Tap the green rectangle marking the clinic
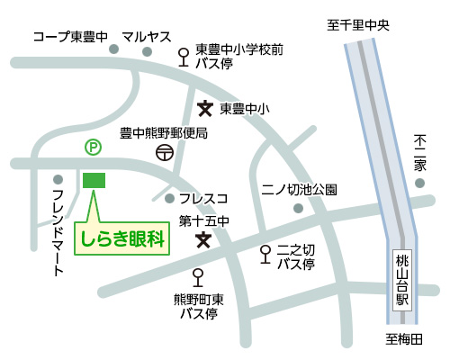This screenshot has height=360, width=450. (94, 179)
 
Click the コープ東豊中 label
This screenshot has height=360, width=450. (70, 37)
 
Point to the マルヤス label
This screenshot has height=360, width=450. (147, 37)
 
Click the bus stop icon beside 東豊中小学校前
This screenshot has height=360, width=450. (184, 57)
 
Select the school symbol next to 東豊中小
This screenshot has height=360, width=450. (205, 109)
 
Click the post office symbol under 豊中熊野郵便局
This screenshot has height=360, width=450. (164, 153)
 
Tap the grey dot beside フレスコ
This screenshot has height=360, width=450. (170, 198)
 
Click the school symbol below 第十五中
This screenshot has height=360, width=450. (205, 239)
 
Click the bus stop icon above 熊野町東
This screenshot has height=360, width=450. (198, 277)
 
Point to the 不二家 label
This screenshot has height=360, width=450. (418, 155)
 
